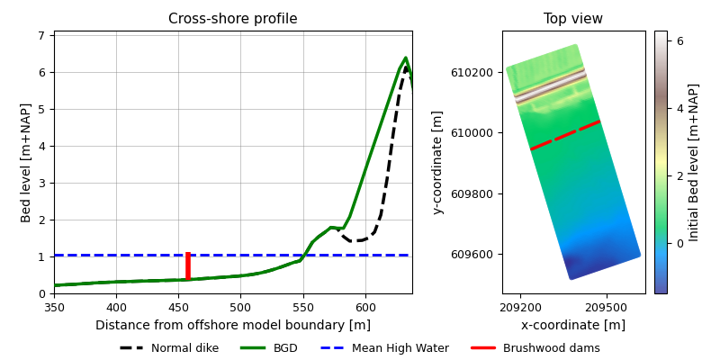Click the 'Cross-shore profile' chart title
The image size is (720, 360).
coord(232,19)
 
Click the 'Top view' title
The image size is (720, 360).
coord(573,19)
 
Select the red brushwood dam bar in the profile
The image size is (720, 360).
coord(187,266)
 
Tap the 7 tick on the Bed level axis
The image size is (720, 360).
coord(41,35)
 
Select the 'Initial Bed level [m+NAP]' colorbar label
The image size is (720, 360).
coord(694,162)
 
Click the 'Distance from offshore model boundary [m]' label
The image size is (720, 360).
coord(232,325)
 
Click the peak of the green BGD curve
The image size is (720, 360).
coord(405,58)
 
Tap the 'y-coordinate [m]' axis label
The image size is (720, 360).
coord(437,162)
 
